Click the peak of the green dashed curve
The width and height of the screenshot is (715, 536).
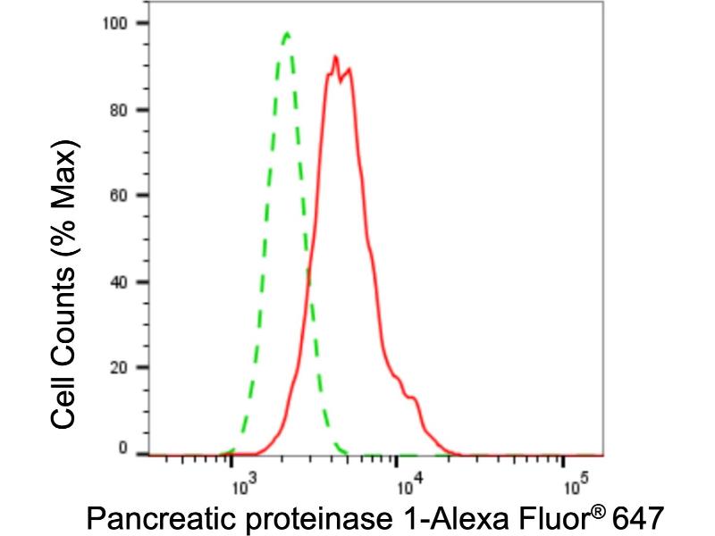pyautogui.click(x=286, y=34)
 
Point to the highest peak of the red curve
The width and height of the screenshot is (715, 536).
pyautogui.click(x=334, y=57)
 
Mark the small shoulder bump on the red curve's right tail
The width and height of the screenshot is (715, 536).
pyautogui.click(x=412, y=398)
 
